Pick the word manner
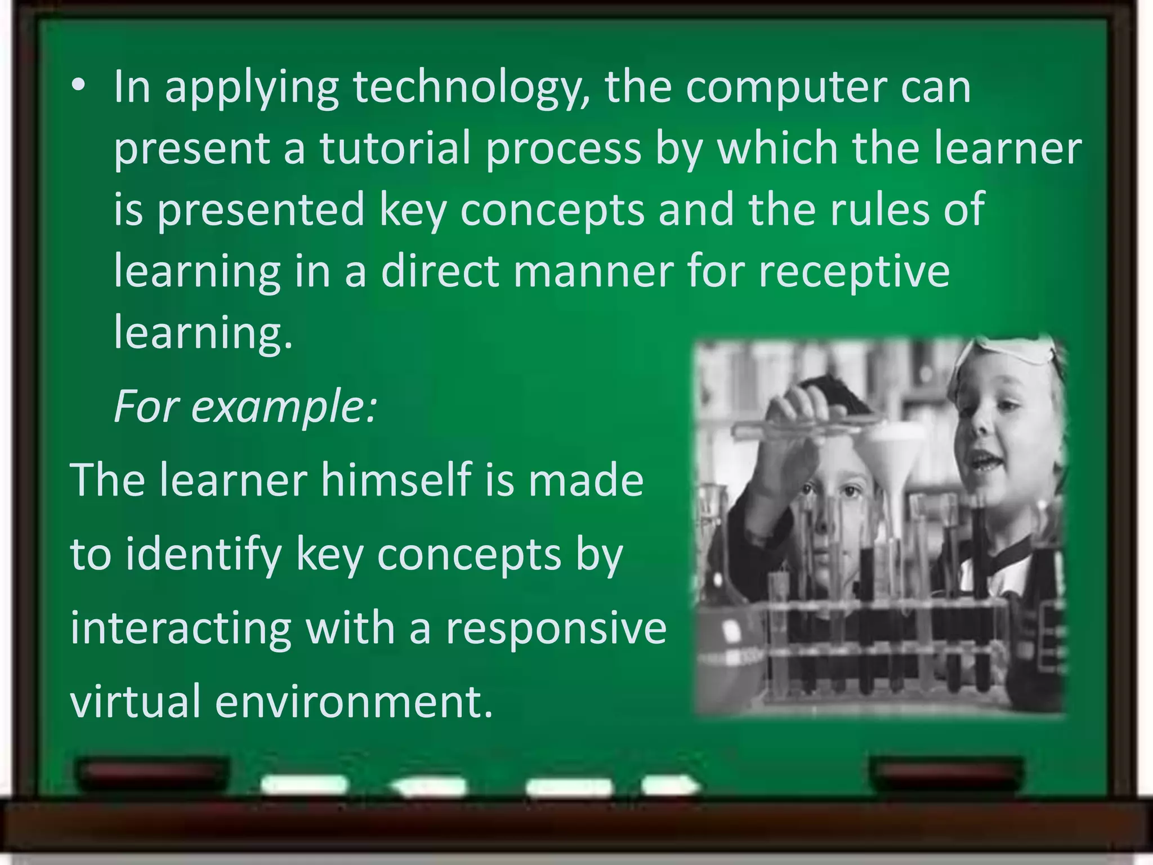pos(593,271)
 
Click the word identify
pos(203,555)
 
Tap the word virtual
pos(135,701)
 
